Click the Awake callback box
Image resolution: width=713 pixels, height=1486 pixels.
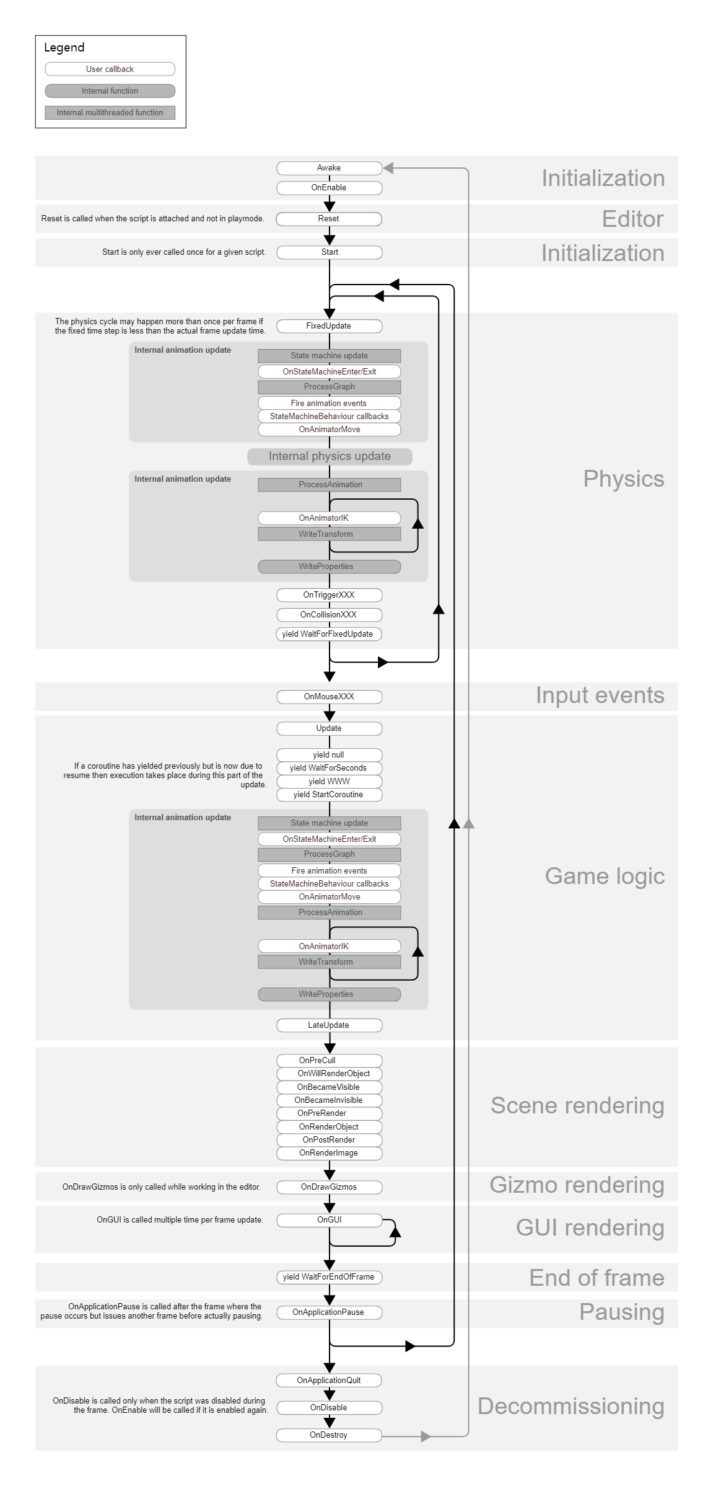click(329, 168)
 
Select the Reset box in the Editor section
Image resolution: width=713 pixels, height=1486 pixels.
click(329, 219)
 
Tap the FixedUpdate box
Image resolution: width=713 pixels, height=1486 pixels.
click(329, 326)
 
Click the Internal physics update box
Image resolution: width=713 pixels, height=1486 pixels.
click(330, 457)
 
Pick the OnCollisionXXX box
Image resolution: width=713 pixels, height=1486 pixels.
click(329, 615)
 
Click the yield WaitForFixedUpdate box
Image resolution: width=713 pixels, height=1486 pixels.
click(329, 634)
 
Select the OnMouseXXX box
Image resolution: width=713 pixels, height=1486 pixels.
click(329, 697)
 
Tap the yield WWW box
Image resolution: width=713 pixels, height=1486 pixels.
click(329, 782)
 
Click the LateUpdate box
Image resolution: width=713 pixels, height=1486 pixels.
click(329, 1025)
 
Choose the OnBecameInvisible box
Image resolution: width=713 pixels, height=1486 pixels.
click(329, 1100)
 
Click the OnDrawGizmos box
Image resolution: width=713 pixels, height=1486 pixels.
click(329, 1187)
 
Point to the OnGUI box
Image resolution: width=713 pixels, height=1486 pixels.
click(329, 1220)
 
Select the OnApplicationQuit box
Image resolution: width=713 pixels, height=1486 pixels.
click(329, 1381)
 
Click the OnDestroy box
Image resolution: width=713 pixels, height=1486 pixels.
click(329, 1435)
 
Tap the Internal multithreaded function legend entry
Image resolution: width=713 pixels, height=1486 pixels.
click(110, 113)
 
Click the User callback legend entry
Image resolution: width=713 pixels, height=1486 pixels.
click(110, 69)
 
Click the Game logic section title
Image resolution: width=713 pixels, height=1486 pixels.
click(605, 877)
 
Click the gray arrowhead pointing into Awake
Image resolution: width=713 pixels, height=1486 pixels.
click(388, 168)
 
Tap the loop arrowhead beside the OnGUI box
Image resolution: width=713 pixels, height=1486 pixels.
click(395, 1232)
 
